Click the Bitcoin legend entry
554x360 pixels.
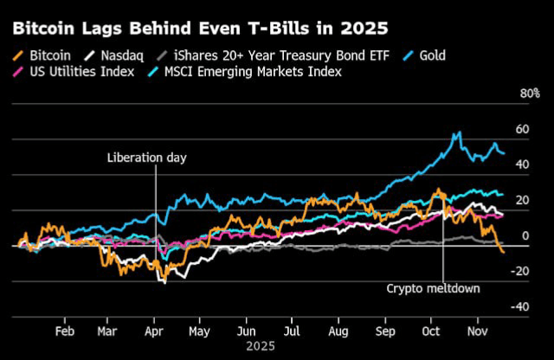pos(44,55)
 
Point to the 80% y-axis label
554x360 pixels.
pos(528,93)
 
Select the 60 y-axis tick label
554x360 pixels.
pos(521,129)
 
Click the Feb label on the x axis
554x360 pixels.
pos(63,331)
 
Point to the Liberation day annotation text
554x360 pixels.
pos(146,157)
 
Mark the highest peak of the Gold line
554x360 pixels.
pos(459,132)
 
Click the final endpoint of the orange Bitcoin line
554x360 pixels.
pos(503,252)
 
